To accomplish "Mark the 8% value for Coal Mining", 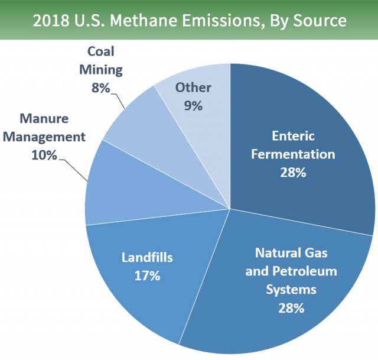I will (100, 88).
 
